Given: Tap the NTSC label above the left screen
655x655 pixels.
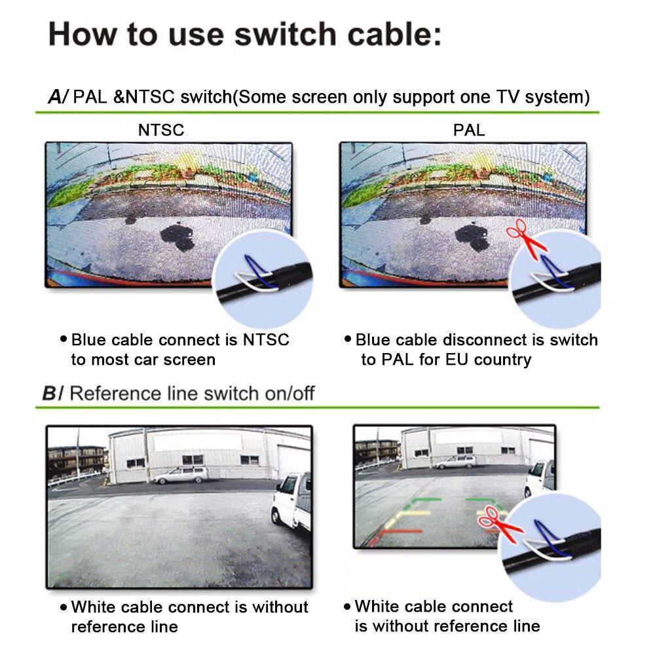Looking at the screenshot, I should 160,130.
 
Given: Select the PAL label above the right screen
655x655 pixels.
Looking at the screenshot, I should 469,130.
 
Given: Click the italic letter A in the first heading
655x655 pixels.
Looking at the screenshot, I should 55,98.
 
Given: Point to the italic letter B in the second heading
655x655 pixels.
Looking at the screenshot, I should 50,394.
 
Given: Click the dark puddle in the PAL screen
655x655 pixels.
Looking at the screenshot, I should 472,237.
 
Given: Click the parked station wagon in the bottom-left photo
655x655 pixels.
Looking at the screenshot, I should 181,474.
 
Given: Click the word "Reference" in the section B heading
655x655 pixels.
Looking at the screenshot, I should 110,394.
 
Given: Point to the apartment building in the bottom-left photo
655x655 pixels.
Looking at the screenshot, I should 77,460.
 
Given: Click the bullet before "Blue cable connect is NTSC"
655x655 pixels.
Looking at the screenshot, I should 64,339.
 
